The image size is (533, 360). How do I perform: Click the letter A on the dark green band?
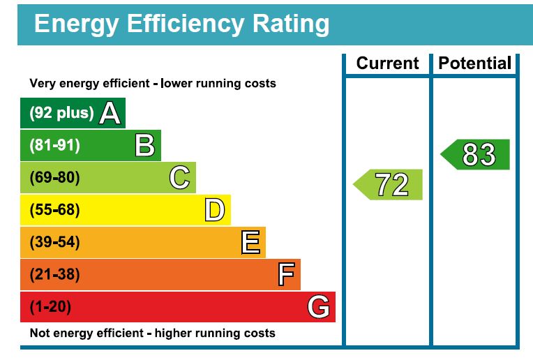tap(110, 113)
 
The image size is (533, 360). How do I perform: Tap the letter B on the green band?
tap(144, 145)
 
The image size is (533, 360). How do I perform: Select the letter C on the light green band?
tap(179, 178)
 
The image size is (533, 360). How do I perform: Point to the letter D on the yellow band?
tap(214, 210)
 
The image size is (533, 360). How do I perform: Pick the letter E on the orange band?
tap(250, 243)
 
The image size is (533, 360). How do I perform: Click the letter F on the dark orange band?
tap(285, 275)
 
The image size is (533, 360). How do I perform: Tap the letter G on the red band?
tap(319, 307)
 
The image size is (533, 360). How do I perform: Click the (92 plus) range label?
tap(61, 113)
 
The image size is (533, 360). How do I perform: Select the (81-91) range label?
tap(54, 145)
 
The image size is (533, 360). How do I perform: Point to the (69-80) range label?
tap(54, 178)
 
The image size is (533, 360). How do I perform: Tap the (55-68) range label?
tap(54, 210)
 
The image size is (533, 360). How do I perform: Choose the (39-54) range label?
tap(54, 243)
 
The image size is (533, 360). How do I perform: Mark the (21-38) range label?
tap(54, 275)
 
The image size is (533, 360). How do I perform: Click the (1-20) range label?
tap(50, 307)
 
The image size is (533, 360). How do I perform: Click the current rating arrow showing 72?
tap(389, 185)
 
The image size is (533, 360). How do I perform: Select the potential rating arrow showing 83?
tap(476, 154)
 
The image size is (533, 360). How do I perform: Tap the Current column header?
tap(387, 63)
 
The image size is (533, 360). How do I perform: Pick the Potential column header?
tap(475, 63)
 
